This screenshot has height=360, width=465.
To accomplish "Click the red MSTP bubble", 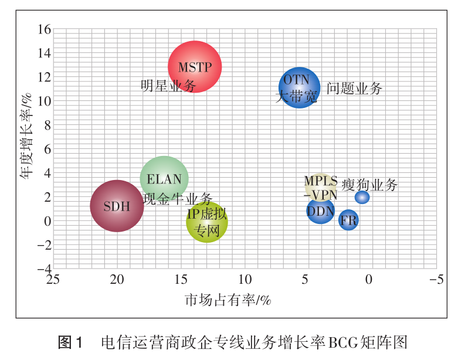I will (195, 67).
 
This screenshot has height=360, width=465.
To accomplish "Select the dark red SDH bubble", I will (117, 206).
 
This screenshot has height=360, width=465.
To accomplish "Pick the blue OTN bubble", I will (299, 87).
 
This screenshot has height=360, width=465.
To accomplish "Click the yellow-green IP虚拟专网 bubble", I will (206, 222).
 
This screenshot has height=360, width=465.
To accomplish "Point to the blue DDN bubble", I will (320, 210).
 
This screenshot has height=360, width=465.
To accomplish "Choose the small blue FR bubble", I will (348, 220).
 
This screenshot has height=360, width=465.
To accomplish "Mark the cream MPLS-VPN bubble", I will (320, 185).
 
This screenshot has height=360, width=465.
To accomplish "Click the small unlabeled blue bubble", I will (362, 198).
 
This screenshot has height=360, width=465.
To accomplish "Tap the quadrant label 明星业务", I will (168, 86).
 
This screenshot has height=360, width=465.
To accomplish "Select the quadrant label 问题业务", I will (354, 89).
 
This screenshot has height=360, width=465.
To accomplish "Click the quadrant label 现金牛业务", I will (178, 199).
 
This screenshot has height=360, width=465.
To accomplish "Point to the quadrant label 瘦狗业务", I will (369, 185).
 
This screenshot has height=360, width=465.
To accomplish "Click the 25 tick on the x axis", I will (53, 280).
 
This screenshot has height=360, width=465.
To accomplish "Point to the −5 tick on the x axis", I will (436, 280).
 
